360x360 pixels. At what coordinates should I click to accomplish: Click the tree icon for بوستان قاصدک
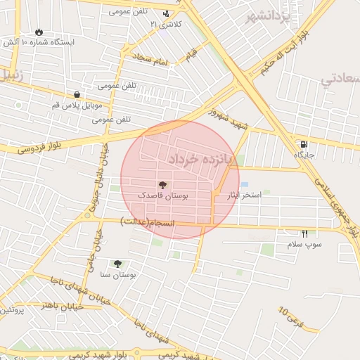tap(163, 185)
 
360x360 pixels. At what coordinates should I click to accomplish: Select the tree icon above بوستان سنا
tap(117, 264)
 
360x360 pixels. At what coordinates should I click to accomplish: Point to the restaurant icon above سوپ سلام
tap(305, 233)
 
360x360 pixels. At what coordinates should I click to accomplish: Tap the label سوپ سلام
tap(304, 245)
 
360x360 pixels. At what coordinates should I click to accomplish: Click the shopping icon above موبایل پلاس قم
tap(76, 95)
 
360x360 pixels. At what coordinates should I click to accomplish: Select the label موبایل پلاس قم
tap(77, 105)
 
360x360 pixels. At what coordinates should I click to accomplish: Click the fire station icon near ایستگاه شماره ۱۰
tap(38, 32)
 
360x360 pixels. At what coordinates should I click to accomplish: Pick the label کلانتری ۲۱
tap(166, 24)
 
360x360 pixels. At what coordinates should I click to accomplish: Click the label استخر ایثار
tap(243, 194)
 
